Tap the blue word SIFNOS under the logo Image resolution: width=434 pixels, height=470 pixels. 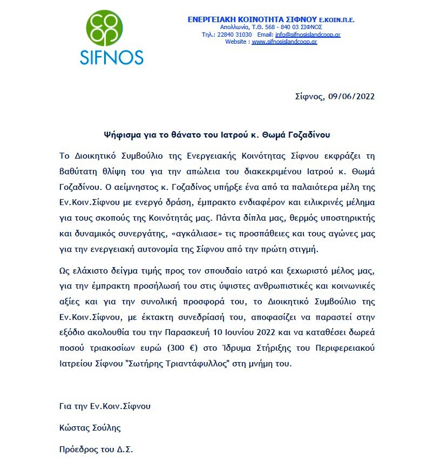tap(111, 57)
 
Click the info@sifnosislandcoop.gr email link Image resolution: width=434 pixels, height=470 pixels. tap(308, 35)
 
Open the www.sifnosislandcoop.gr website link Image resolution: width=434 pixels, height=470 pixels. tap(284, 42)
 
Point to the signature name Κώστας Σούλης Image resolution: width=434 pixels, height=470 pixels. tap(90, 428)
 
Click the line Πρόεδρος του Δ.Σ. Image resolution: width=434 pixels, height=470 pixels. tap(96, 449)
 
